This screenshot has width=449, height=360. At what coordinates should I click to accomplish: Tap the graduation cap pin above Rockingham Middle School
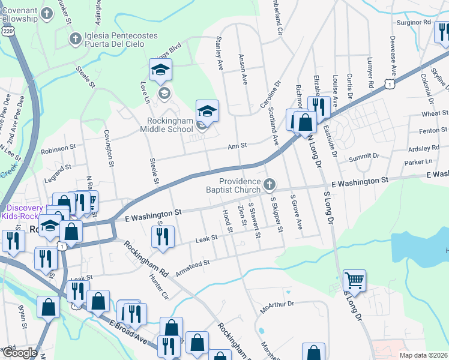click(x=207, y=111)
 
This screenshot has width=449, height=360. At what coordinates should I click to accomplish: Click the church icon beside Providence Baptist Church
click(x=270, y=183)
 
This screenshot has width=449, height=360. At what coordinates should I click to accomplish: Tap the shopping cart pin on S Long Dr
click(x=354, y=280)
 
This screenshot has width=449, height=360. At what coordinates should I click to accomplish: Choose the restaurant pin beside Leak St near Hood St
click(x=163, y=237)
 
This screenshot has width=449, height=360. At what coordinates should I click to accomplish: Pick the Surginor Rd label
click(x=414, y=22)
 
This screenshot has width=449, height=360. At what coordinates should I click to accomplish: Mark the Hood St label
click(x=227, y=221)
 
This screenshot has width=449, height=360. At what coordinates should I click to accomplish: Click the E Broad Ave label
click(x=128, y=332)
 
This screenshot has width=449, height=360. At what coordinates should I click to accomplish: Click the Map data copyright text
click(x=424, y=355)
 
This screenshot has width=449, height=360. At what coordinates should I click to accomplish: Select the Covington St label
click(x=109, y=147)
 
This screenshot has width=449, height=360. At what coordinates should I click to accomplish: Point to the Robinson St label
click(x=58, y=148)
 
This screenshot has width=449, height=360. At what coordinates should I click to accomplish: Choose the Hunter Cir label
click(x=159, y=286)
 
